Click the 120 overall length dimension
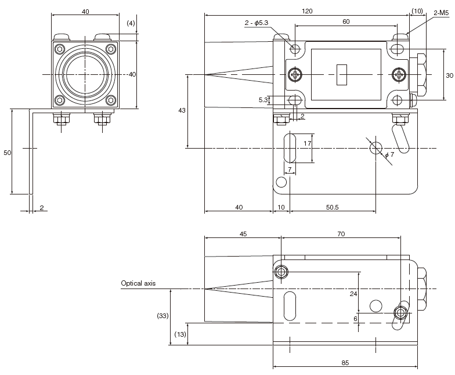click(307, 11)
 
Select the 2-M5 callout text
click(444, 12)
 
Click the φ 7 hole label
click(389, 154)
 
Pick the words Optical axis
click(138, 283)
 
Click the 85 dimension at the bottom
click(345, 363)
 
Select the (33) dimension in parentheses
click(162, 316)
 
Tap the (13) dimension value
click(180, 334)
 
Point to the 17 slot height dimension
click(308, 143)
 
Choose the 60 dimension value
click(346, 21)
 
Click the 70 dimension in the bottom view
click(341, 234)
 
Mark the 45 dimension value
click(243, 234)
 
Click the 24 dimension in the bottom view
click(353, 294)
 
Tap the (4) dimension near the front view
click(131, 23)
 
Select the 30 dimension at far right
click(449, 75)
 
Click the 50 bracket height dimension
click(7, 152)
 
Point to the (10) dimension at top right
click(417, 11)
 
